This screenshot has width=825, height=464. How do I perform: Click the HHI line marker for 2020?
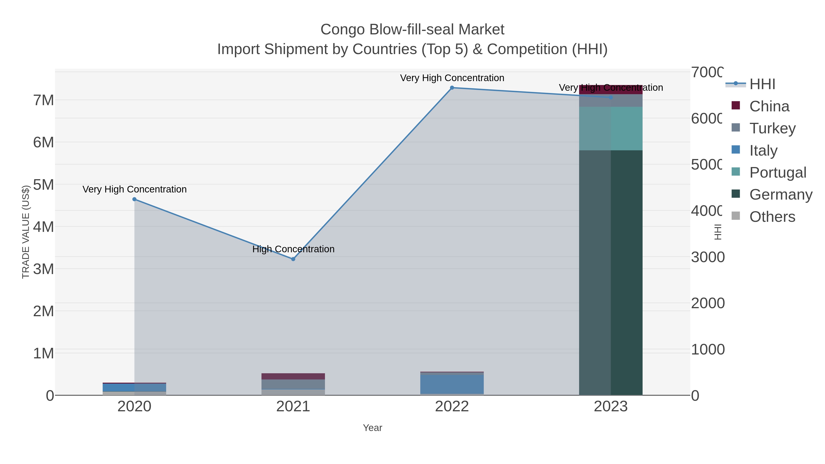[135, 199]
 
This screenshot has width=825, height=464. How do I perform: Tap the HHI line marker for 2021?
[293, 259]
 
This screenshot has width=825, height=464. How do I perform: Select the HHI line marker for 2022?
[452, 88]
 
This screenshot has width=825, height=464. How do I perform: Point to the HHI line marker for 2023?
[611, 97]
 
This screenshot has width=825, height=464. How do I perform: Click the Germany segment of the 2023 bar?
[611, 272]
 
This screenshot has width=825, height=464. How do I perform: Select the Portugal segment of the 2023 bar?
[611, 128]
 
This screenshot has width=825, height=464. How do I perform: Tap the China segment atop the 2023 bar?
[611, 89]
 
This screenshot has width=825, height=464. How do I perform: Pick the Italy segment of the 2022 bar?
[452, 384]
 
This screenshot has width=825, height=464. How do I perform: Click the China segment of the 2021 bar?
[293, 376]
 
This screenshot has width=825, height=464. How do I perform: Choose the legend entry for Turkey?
[772, 128]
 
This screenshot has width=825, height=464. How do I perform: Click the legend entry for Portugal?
[777, 173]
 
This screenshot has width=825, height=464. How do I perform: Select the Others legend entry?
[772, 217]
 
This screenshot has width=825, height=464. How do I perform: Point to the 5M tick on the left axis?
[44, 185]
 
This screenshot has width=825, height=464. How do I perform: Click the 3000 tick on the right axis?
[707, 257]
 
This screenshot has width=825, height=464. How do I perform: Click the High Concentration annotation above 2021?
[293, 249]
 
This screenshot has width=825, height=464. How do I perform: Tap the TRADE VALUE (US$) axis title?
[26, 232]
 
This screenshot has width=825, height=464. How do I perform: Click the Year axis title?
[372, 428]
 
